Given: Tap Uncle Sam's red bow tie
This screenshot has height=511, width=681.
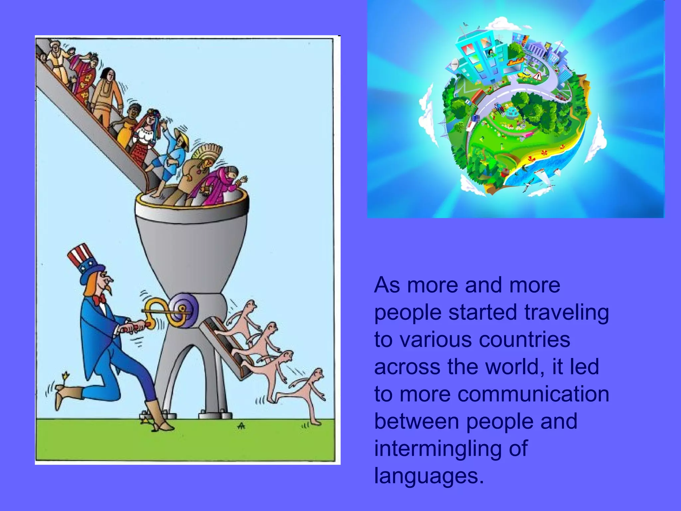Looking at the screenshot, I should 99,300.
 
